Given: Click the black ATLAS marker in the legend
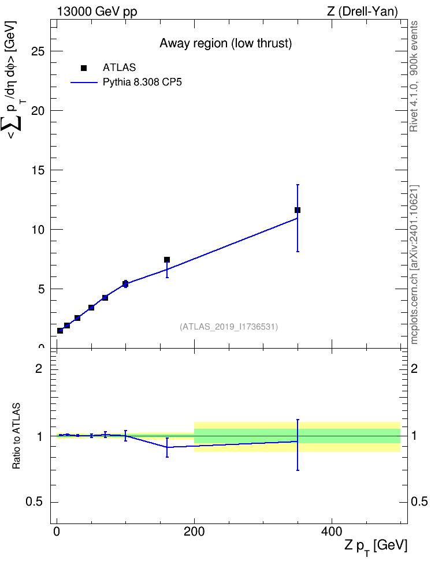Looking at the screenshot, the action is point(83,68).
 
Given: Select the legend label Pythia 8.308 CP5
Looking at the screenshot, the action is point(142,83).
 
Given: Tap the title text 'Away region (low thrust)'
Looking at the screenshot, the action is point(226,43).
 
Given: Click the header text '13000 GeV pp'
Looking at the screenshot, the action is point(97,12).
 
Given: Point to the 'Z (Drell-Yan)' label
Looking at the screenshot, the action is point(362,12).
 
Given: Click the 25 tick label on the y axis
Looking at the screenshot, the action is point(38,51).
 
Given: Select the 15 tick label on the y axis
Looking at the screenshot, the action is point(38,170).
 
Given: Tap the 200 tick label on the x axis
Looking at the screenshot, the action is point(194,532).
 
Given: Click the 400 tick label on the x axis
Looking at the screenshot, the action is point(332,532).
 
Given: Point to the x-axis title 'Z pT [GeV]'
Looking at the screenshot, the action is point(376,547).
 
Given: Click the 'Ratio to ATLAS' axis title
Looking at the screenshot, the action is point(16,436).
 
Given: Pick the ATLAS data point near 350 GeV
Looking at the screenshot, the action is point(298,210).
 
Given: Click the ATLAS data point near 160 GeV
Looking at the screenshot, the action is point(167,260).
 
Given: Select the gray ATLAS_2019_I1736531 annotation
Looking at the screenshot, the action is point(229,327).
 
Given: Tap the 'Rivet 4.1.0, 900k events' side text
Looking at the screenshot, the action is point(414,76).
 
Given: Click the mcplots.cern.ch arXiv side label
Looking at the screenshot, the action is point(414,265).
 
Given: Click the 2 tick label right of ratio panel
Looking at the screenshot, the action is point(414,368).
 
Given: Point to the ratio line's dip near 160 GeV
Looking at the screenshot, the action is point(167,447).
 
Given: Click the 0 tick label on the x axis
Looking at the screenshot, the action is point(57,532).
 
